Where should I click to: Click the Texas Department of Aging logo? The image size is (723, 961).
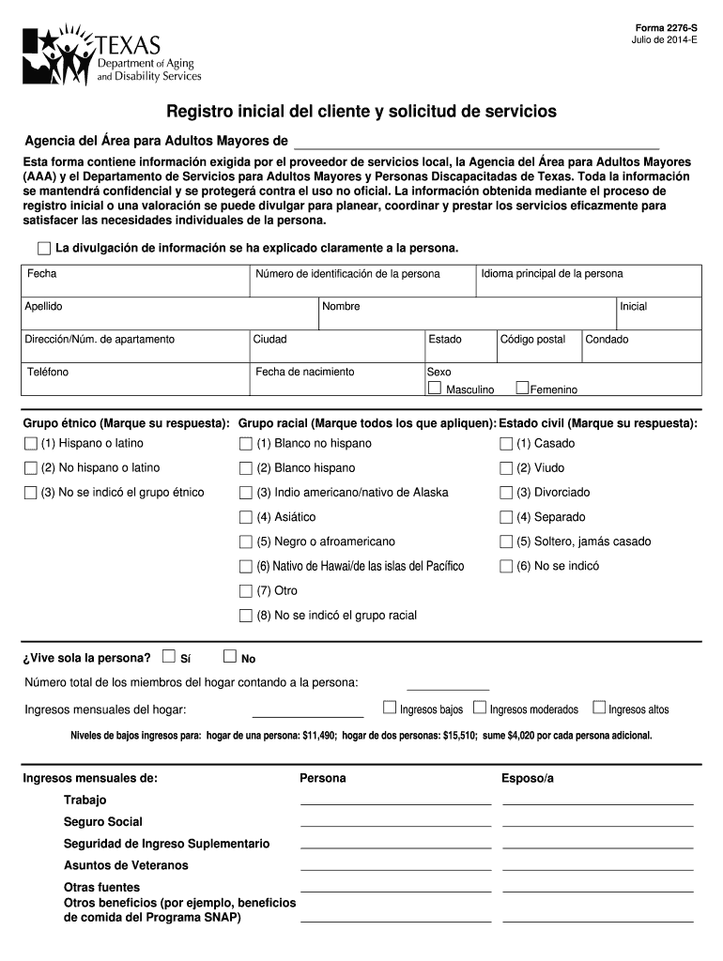point(111,55)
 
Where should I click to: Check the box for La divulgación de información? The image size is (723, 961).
point(44,249)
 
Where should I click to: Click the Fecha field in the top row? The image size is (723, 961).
point(135,282)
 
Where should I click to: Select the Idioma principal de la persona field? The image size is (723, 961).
point(589,282)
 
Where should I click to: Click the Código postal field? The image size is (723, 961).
point(537,346)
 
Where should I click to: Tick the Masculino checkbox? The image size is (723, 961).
point(435,388)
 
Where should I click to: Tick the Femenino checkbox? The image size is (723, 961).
point(522,388)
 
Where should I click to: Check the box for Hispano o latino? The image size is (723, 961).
point(31,443)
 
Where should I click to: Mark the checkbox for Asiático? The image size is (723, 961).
point(246,517)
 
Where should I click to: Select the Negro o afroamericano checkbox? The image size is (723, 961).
point(246,542)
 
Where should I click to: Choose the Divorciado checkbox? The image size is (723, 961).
point(506,493)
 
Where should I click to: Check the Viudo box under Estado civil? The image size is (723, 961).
point(506,468)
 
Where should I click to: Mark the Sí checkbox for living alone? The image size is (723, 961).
point(169,656)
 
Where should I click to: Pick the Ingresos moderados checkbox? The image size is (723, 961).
point(480,708)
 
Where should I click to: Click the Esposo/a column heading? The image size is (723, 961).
point(528,778)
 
